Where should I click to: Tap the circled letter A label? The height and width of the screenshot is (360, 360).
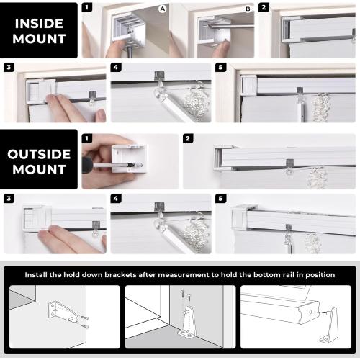(163, 9)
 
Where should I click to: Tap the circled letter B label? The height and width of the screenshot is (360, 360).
(248, 9)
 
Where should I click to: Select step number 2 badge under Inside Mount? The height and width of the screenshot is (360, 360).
(264, 8)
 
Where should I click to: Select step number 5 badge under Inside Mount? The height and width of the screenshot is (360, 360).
(221, 67)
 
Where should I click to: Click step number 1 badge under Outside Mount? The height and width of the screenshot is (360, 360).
(87, 138)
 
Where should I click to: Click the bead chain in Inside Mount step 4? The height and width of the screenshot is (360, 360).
(192, 104)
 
